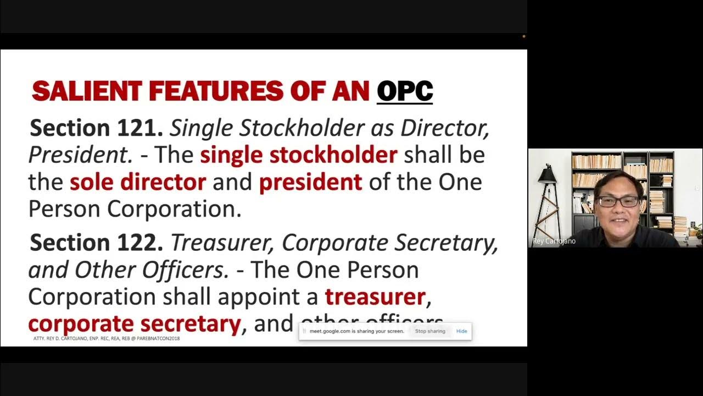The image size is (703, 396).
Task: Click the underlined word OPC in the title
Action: click(x=405, y=91)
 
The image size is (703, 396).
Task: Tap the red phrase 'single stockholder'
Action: click(x=298, y=155)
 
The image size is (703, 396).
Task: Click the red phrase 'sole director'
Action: click(x=137, y=182)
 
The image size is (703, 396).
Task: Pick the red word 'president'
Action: click(x=310, y=182)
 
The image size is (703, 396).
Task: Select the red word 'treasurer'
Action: click(x=375, y=296)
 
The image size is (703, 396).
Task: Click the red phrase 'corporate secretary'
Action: click(x=135, y=323)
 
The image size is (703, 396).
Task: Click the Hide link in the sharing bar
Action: click(x=461, y=331)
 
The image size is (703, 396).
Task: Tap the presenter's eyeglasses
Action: click(x=618, y=201)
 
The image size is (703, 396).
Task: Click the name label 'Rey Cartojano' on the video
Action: click(x=554, y=241)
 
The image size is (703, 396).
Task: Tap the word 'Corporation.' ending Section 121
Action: click(x=174, y=209)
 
